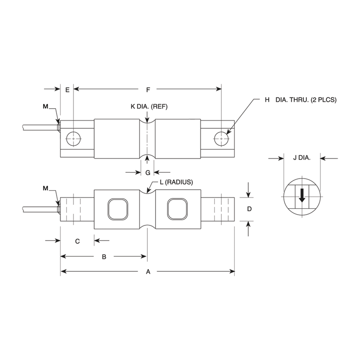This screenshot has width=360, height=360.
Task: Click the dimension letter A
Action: click(x=148, y=273)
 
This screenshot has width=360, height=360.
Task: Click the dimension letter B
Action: click(x=103, y=257)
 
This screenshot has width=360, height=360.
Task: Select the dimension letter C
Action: click(x=77, y=240)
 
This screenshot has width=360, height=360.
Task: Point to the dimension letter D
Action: click(x=249, y=209)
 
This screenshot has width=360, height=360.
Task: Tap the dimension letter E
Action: click(x=67, y=90)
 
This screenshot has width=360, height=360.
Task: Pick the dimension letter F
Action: click(x=148, y=90)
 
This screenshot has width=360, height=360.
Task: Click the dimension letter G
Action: click(x=147, y=172)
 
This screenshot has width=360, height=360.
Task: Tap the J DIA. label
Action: click(x=301, y=158)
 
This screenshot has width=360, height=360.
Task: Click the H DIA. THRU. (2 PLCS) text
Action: click(x=300, y=100)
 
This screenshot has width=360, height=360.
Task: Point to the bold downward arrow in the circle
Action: click(x=302, y=195)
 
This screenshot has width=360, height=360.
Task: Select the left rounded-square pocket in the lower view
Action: click(x=118, y=209)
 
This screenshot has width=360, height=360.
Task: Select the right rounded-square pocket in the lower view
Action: click(x=177, y=209)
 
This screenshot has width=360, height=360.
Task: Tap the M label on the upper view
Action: click(x=46, y=106)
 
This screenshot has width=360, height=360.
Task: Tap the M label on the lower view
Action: click(x=46, y=188)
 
